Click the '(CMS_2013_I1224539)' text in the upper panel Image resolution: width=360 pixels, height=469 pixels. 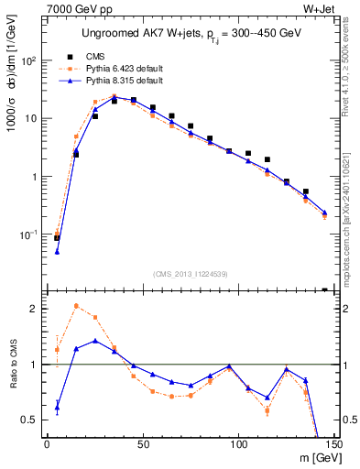click(191, 273)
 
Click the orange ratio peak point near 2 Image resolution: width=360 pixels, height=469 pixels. click(76, 306)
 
